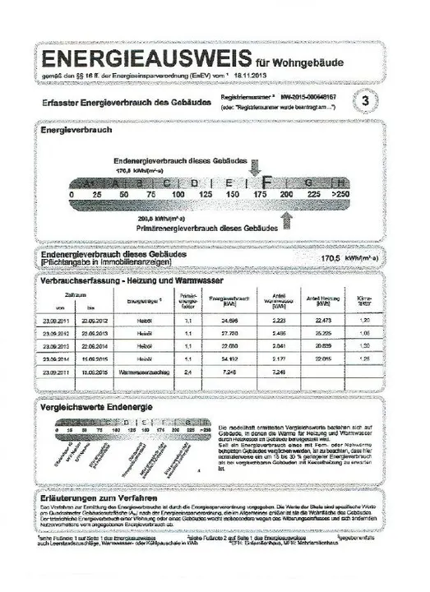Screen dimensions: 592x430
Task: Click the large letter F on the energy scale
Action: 266,179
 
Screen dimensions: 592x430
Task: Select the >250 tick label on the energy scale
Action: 340,194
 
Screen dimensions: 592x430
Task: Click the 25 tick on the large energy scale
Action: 96,194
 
